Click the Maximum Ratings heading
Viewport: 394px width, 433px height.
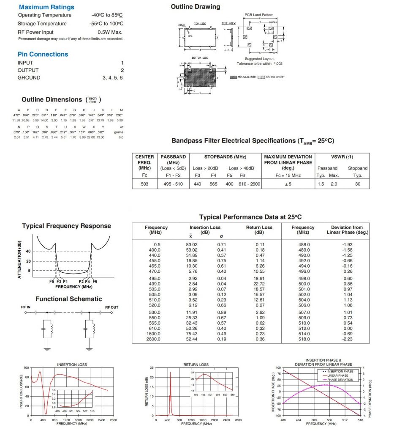tap(46, 7)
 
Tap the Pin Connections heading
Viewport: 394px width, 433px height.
tap(43, 54)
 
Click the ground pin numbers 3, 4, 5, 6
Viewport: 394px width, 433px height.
tap(113, 78)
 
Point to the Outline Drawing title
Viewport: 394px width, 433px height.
tap(195, 7)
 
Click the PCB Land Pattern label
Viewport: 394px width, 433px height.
tap(259, 15)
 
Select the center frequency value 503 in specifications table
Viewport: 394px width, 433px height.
tap(144, 184)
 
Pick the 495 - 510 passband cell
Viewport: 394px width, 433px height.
tap(173, 184)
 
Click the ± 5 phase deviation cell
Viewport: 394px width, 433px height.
tap(288, 184)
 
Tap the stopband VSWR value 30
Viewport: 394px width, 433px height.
tap(358, 184)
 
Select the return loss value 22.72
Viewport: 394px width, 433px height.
tap(259, 284)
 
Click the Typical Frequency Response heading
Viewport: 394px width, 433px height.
tap(66, 226)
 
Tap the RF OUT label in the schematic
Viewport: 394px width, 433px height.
tap(111, 307)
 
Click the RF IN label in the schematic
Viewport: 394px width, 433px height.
tap(27, 307)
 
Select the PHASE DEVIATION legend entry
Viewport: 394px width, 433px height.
tap(341, 380)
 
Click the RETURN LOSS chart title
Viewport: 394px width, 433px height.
tap(196, 364)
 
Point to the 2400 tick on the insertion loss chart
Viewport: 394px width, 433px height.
tap(102, 420)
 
